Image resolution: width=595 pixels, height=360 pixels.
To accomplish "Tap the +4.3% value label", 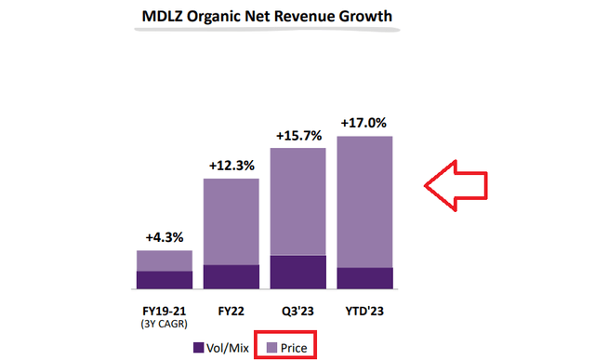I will point(164,238).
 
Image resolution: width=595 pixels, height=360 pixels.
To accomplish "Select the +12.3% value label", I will point(231,166).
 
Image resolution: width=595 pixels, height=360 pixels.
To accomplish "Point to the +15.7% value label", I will point(298,136).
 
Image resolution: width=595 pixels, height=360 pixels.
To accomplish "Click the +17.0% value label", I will point(365,123).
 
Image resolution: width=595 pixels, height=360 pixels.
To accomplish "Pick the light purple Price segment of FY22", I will point(231,221).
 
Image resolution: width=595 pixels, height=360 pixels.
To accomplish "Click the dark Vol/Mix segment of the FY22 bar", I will point(231,277).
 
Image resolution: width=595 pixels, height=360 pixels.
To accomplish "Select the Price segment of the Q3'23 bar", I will point(298,201).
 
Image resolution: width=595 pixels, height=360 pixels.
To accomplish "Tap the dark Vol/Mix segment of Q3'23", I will point(298,273).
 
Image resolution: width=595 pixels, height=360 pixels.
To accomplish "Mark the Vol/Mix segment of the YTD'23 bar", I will point(365,279).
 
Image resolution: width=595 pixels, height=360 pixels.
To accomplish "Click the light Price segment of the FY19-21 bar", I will point(164,260).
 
